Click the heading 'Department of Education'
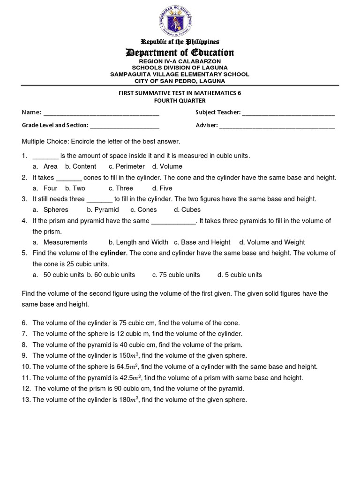coord(180,52)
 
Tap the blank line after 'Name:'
coord(101,113)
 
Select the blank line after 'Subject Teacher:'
coord(288,113)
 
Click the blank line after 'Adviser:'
coord(277,126)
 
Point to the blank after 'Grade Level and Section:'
coord(125,126)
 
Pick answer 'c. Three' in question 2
coord(121,188)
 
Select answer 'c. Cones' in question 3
coord(143,210)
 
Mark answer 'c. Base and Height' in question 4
coord(202,242)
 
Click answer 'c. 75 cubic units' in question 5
coord(176,275)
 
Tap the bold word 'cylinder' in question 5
coord(113,253)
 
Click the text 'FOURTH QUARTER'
coord(180,101)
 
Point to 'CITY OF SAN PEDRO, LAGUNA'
coord(180,81)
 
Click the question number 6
coord(24,323)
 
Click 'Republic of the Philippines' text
coord(180,42)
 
